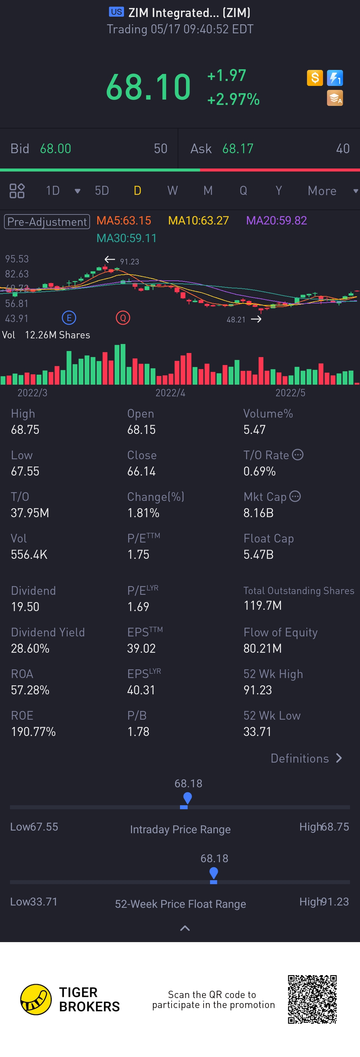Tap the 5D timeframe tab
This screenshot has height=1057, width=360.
102,191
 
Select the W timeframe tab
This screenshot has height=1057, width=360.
172,191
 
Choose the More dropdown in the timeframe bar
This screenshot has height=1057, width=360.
327,191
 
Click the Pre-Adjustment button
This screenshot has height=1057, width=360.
47,221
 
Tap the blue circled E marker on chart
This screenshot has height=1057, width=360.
69,318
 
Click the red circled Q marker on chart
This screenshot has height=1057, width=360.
123,318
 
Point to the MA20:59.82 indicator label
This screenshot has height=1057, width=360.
276,221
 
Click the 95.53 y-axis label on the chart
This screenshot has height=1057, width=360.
17,259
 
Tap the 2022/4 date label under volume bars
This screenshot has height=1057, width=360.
170,393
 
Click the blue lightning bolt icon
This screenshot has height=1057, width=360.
335,78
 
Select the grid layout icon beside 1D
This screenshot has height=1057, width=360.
17,191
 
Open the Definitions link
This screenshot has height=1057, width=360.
306,758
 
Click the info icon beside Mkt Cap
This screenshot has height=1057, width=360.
295,497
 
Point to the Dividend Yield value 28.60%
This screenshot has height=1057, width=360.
30,648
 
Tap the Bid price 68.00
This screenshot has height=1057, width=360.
55,149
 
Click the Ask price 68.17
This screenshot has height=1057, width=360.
238,149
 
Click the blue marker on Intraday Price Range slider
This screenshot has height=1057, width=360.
187,799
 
